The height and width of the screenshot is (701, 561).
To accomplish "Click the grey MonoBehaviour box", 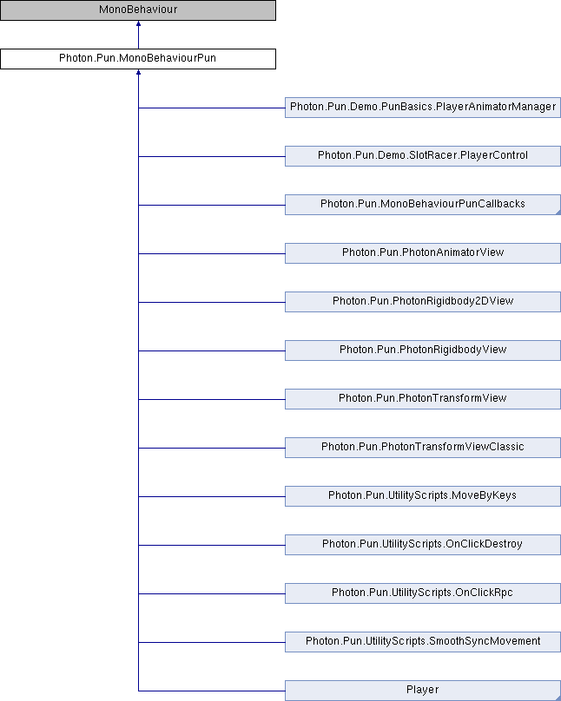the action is pyautogui.click(x=138, y=10).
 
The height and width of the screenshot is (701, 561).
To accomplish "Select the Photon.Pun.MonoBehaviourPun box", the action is pyautogui.click(x=138, y=59).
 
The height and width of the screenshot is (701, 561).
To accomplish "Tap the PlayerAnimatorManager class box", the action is pyautogui.click(x=423, y=108).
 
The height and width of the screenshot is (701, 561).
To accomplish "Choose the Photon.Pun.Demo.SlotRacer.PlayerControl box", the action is pyautogui.click(x=423, y=156).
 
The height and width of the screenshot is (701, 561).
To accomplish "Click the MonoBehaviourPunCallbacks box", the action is pyautogui.click(x=423, y=205).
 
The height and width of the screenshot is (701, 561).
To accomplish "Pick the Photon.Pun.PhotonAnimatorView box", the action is pyautogui.click(x=423, y=253).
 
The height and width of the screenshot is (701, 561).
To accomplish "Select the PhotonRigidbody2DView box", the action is pyautogui.click(x=423, y=302).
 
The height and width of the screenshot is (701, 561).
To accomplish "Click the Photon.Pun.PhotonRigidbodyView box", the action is pyautogui.click(x=423, y=350).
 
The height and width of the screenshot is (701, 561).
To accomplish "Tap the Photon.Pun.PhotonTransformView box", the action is pyautogui.click(x=423, y=399).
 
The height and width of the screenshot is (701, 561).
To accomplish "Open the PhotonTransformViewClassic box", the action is pyautogui.click(x=423, y=448).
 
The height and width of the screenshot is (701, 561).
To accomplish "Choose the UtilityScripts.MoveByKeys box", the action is pyautogui.click(x=423, y=496).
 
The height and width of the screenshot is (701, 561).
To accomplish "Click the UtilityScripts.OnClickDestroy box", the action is pyautogui.click(x=423, y=545).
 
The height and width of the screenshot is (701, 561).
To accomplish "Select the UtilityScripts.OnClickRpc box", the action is pyautogui.click(x=423, y=593).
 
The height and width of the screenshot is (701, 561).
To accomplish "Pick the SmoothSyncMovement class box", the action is pyautogui.click(x=423, y=642).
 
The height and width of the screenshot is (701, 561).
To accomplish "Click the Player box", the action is pyautogui.click(x=423, y=691).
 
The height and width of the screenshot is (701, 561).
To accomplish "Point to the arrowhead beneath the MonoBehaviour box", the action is pyautogui.click(x=138, y=23).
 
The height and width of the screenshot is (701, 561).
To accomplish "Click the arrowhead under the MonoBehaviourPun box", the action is pyautogui.click(x=138, y=72).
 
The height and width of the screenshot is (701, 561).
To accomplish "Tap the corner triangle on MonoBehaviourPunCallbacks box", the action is pyautogui.click(x=558, y=213).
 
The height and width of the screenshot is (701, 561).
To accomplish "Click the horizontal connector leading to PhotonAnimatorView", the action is pyautogui.click(x=212, y=253).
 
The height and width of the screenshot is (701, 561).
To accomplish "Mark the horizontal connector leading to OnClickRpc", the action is pyautogui.click(x=212, y=593).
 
